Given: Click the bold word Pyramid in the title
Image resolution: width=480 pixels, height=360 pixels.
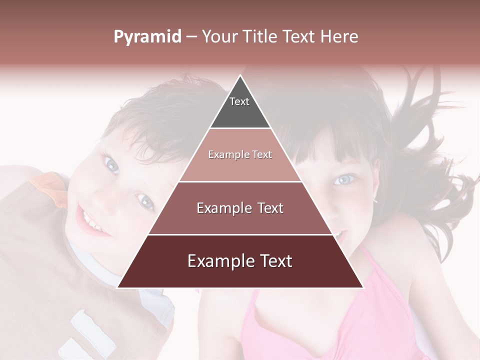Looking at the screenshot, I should (147, 37).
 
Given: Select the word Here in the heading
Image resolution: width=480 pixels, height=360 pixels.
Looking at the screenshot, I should (339, 37).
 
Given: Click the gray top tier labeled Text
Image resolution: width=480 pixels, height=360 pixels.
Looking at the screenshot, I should (239, 107).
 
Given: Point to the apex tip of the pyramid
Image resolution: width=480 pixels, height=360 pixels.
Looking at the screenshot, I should (240, 76).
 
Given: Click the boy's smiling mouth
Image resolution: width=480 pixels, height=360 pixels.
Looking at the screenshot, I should (93, 222).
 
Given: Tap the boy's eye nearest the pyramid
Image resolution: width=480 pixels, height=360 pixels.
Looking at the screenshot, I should (145, 201).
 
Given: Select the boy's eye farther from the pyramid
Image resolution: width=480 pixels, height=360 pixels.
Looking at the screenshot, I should (110, 164).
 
